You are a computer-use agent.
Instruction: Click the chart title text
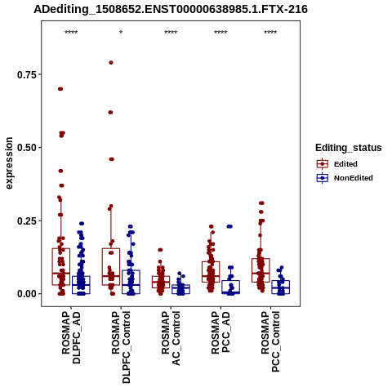point(171,10)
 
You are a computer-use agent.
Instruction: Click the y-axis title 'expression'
point(9,163)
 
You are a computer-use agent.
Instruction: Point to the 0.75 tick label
point(27,74)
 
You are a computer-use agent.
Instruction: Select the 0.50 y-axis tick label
point(27,148)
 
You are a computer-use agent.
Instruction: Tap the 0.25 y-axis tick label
point(27,220)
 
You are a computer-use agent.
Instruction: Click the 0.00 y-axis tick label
point(27,294)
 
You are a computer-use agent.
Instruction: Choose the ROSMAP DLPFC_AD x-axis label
point(71,338)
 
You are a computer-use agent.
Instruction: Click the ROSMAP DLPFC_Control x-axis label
point(121,347)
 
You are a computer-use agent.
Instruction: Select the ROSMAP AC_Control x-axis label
point(171,338)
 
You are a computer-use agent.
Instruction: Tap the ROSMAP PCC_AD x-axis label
point(220,332)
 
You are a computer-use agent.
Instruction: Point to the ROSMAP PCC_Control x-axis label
point(270,342)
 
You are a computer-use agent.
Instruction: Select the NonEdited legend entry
point(345,178)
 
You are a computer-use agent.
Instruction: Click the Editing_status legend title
point(349,148)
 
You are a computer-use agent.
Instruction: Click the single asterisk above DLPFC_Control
point(121,33)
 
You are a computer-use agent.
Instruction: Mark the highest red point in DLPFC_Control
point(111,63)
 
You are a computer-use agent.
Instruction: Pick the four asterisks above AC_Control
point(171,33)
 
